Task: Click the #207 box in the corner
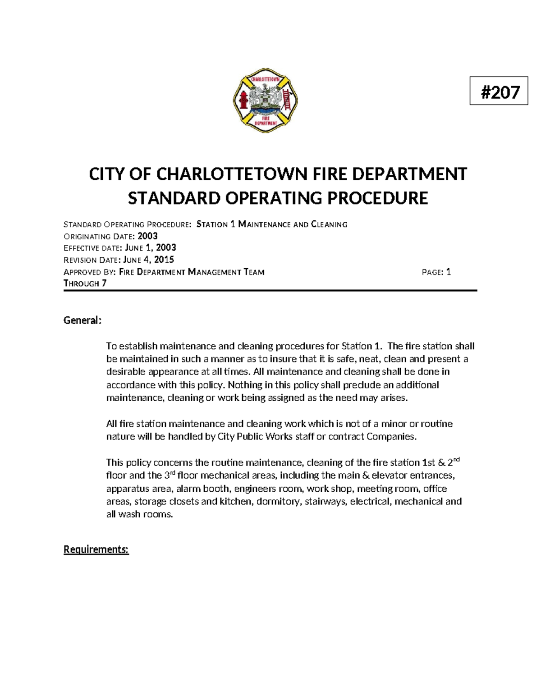click(499, 91)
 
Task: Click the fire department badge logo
click(265, 101)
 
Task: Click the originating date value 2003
click(147, 236)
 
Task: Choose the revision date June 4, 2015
click(149, 260)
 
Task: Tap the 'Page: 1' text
click(436, 272)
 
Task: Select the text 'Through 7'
click(85, 284)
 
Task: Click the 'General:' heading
click(83, 320)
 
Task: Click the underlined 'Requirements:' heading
click(96, 549)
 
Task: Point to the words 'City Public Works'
click(255, 436)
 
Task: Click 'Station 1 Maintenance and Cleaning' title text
click(272, 224)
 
